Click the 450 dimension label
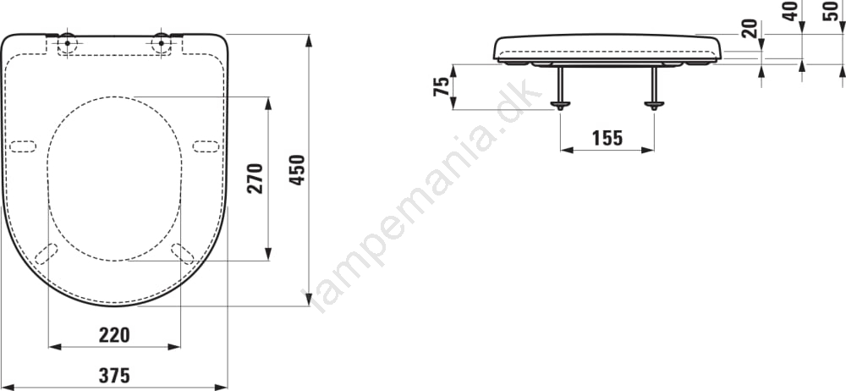coord(297,170)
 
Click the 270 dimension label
coord(255,179)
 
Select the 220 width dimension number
coord(114,335)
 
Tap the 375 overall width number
coord(114,375)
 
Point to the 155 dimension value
coord(607,139)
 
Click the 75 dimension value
coord(442,86)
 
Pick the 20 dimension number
coord(750,28)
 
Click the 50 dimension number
coord(832,11)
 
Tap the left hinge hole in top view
coord(67,42)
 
